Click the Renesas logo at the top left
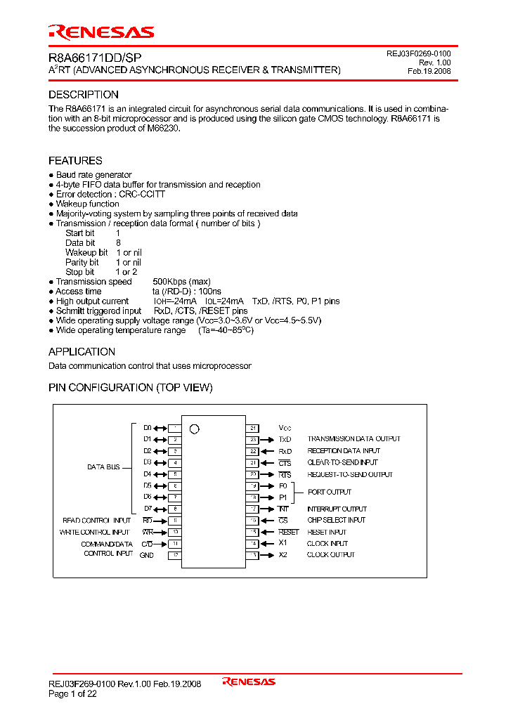tap(100, 32)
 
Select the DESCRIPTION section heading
tap(83, 95)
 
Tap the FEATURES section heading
tap(75, 161)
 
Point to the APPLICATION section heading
tap(82, 352)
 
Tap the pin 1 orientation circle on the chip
tap(195, 429)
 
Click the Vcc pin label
tap(285, 428)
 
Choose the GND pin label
tap(146, 555)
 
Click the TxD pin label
tap(285, 439)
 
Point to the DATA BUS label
tap(103, 467)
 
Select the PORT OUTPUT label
tap(330, 492)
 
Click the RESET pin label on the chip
tap(289, 532)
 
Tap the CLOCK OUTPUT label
tap(331, 555)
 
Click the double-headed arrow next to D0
tap(160, 428)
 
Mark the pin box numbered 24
tap(253, 428)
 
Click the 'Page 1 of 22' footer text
tap(72, 693)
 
